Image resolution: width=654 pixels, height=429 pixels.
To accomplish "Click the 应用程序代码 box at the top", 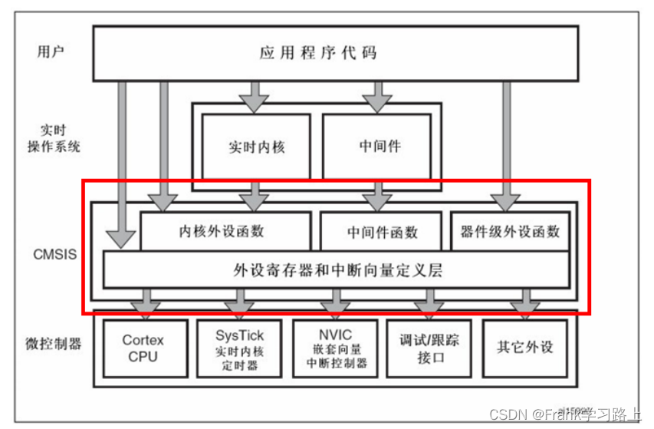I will coord(335,53).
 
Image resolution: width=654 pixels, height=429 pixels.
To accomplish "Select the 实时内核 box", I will coord(256,147).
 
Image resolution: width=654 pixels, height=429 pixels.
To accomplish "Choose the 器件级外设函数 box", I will coord(510,231).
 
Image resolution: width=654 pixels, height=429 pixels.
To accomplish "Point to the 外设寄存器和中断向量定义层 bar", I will coord(337,270).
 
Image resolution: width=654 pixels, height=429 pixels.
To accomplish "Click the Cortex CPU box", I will coord(143,348).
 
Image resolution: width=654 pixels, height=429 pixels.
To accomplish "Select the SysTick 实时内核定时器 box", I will coord(239,348).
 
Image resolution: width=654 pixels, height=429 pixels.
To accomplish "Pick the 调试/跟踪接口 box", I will coord(427,348).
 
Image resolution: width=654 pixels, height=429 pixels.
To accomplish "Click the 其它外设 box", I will coord(524,347).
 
